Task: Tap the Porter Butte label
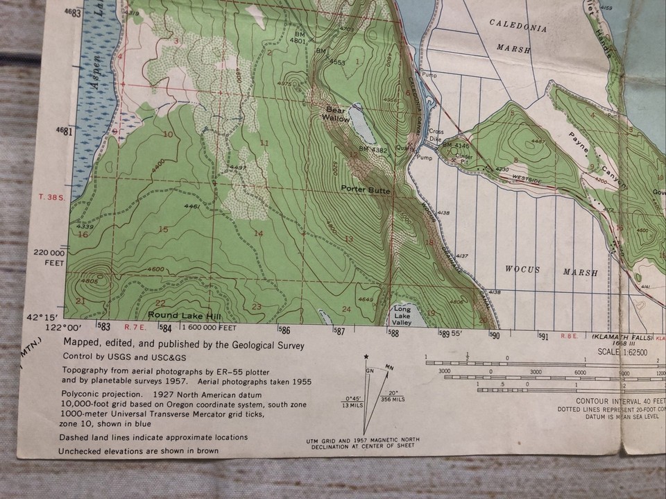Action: click(x=366, y=189)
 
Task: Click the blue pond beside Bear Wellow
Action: click(x=359, y=124)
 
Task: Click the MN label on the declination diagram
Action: click(x=390, y=367)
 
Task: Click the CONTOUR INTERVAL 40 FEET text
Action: click(x=619, y=400)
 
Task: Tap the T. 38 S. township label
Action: click(x=53, y=197)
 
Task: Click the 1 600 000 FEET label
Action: click(x=211, y=327)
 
